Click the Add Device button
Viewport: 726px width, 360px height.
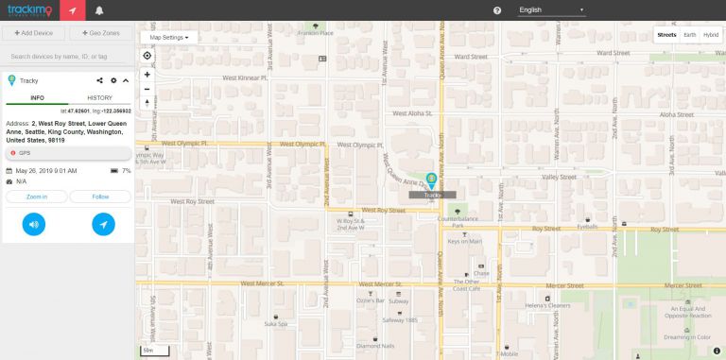(x=34, y=34)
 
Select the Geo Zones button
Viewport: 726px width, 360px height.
(x=100, y=34)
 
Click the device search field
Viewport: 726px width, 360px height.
(x=68, y=57)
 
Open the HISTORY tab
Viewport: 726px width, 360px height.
(x=99, y=97)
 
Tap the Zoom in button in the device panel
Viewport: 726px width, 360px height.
(x=37, y=197)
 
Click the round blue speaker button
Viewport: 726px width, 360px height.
(x=34, y=224)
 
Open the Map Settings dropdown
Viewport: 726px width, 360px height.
(x=169, y=37)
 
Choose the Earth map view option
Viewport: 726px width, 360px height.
(x=689, y=35)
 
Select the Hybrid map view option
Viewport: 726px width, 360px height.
(x=710, y=35)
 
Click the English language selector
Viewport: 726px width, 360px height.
(x=552, y=10)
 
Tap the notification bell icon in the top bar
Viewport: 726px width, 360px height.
(x=98, y=10)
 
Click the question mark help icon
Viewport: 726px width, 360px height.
(x=497, y=10)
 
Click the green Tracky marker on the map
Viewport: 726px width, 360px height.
(x=432, y=180)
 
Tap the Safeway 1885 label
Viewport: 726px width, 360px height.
(x=399, y=319)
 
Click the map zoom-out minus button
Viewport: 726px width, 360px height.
(x=147, y=88)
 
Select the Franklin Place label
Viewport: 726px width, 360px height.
(x=315, y=33)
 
